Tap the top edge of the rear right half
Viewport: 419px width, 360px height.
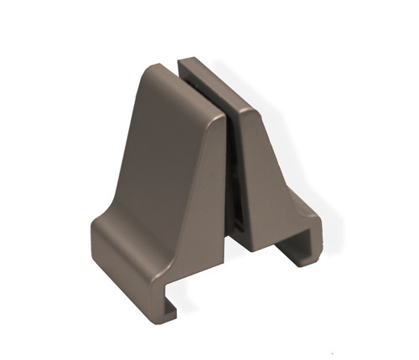(214, 80)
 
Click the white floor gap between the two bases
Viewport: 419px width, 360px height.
(239, 255)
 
